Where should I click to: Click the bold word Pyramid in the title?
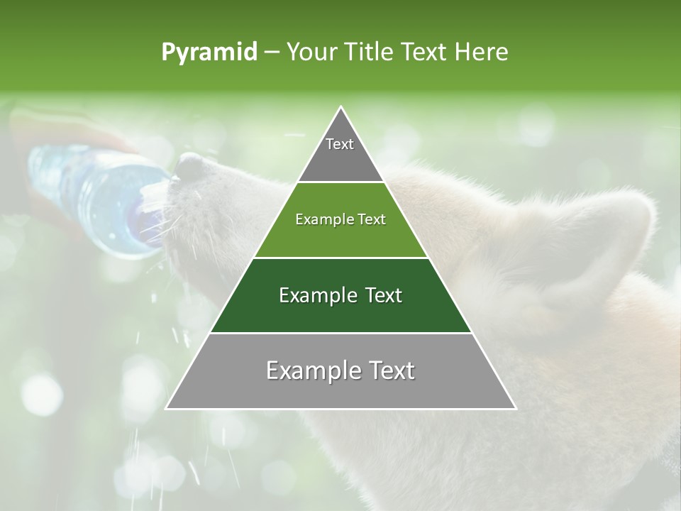(x=209, y=52)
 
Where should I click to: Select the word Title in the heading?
(x=372, y=52)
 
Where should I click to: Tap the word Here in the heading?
(x=482, y=52)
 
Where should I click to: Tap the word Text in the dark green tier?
(x=380, y=295)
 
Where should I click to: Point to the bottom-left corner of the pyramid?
(x=166, y=409)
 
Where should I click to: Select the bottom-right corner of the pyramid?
(x=516, y=409)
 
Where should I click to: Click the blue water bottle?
(x=92, y=192)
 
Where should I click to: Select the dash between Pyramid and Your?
(x=272, y=52)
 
